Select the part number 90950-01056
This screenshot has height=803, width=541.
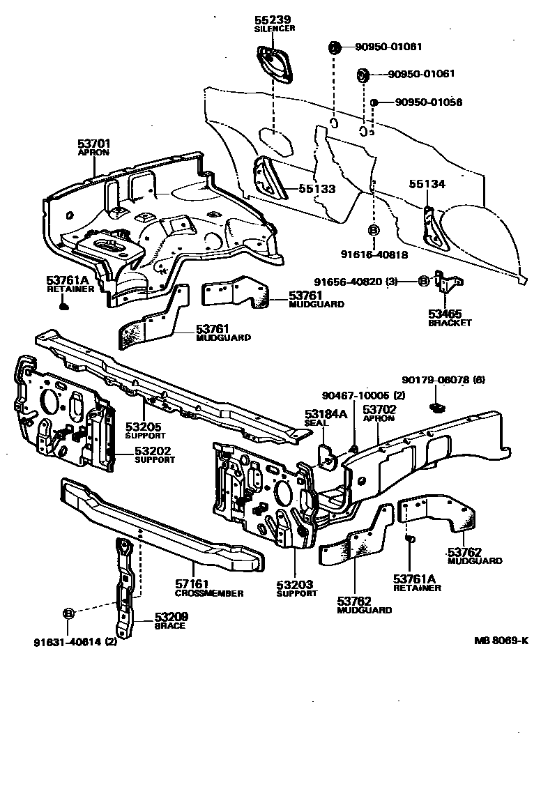coord(429,102)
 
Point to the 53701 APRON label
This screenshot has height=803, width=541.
coord(93,147)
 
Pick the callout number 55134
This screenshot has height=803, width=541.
coord(427,184)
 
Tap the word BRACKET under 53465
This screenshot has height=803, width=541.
coord(450,323)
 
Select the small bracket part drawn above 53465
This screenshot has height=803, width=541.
coord(447,283)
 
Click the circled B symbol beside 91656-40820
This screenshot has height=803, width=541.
coord(423,282)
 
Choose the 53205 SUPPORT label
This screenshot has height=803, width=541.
coord(145,430)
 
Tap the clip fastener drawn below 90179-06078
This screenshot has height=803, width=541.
coord(438,406)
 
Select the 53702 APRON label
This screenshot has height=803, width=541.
coord(379,413)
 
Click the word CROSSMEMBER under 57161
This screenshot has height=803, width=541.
coord(209,593)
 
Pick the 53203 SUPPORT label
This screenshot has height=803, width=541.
coord(295,589)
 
